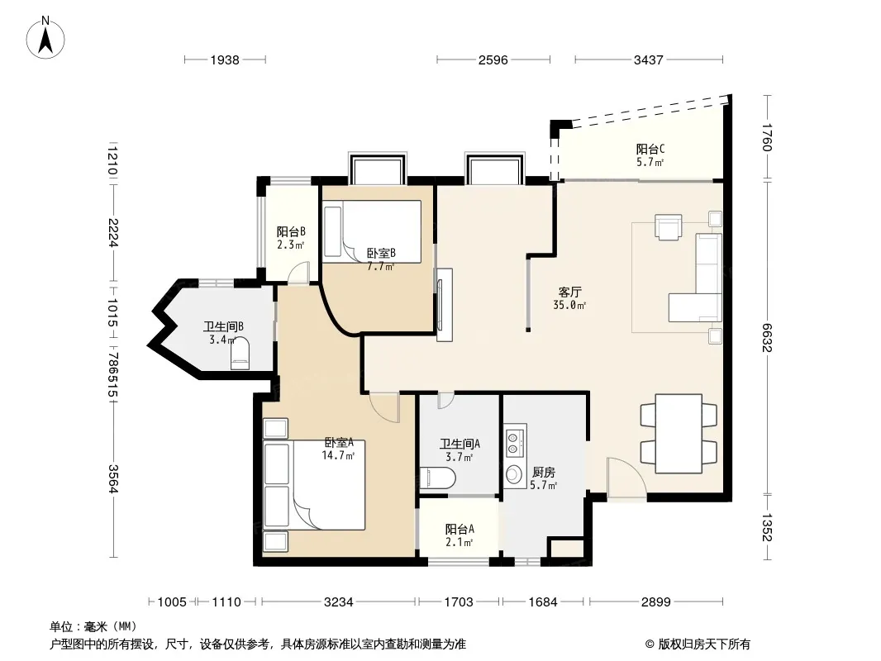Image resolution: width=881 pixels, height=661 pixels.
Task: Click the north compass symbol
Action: point(45,38)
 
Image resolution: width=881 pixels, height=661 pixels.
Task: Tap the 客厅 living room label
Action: point(569,292)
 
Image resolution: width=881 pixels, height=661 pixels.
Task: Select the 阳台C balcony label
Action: point(650,149)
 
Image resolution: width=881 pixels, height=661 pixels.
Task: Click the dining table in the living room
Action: point(679,434)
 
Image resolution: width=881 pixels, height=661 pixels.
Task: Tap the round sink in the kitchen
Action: point(514,474)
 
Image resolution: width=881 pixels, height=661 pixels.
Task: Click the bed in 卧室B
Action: point(372,231)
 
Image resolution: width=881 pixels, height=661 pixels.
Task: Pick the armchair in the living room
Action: point(668,227)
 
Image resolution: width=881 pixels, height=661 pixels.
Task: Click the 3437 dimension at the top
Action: point(649,60)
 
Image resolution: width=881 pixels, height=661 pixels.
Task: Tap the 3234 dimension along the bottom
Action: point(339,602)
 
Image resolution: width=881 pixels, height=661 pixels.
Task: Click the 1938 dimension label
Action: point(225,60)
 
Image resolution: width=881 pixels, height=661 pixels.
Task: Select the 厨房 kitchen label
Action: point(543,473)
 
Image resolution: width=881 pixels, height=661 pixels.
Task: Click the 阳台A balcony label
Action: point(460,529)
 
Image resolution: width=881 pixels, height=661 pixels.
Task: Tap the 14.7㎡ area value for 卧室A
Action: point(338,455)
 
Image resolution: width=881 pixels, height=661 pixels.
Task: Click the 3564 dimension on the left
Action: point(112,478)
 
